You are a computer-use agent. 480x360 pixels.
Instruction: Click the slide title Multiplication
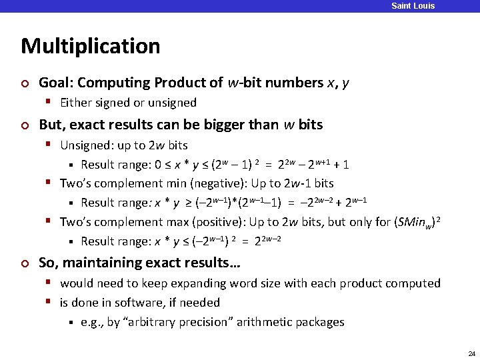tap(91, 46)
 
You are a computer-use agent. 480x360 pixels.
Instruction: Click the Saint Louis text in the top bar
tap(413, 6)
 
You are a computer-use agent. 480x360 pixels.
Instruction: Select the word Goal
tap(56, 83)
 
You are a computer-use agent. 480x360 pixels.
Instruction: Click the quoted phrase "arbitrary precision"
tap(181, 322)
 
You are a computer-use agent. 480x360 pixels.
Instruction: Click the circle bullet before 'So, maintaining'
tap(25, 263)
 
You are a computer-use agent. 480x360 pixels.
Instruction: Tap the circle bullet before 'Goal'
tap(25, 83)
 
